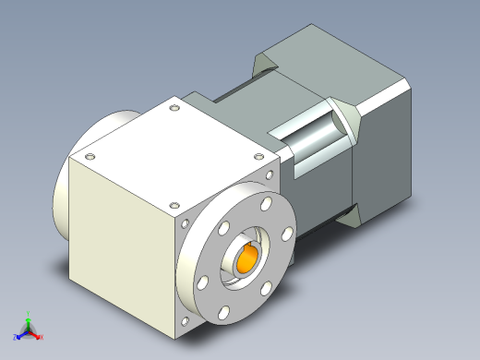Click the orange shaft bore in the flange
tap(248, 259)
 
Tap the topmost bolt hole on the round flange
tap(266, 201)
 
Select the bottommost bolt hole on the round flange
tap(222, 314)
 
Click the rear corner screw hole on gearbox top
tap(174, 108)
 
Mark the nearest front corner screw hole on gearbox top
tap(170, 204)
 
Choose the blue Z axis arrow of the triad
tap(18, 330)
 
